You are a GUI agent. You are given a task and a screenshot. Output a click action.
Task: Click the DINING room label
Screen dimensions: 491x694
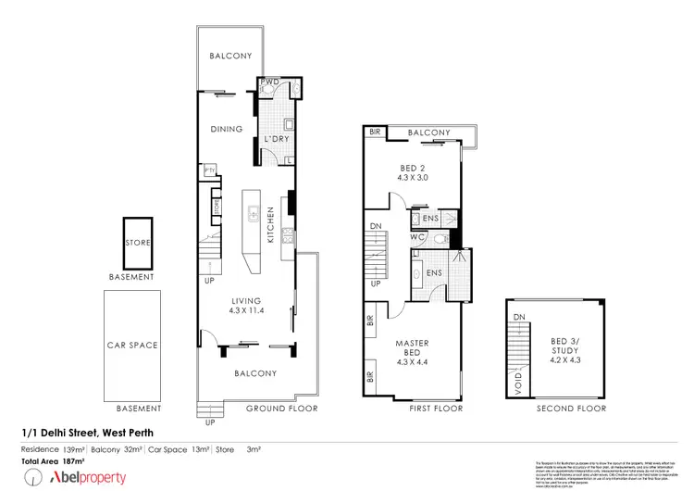226,130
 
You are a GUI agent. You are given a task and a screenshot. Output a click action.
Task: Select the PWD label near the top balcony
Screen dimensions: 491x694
270,82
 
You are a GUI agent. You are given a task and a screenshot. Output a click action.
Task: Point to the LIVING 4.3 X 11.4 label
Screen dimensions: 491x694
246,306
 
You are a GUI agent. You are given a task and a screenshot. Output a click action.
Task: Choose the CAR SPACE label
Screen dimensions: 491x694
131,346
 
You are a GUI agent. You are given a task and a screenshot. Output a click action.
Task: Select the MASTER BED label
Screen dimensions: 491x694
413,350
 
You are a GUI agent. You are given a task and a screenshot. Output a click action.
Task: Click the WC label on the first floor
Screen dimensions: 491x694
418,237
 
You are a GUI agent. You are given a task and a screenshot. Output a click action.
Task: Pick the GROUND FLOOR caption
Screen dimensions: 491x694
281,409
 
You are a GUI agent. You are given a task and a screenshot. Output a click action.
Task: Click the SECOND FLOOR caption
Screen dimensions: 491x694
572,409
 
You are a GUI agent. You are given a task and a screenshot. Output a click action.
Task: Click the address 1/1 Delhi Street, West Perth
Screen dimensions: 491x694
89,433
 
